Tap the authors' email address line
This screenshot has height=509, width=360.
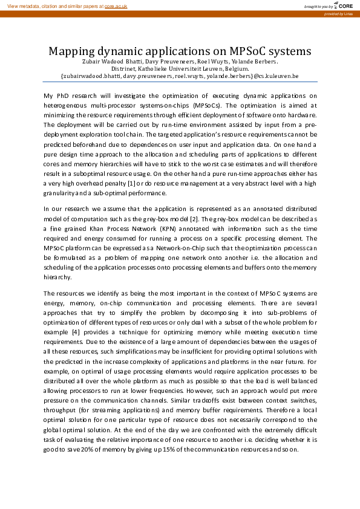180,77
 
